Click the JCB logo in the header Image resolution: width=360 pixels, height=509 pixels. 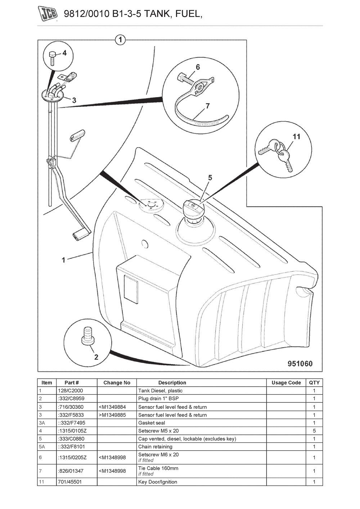(49, 14)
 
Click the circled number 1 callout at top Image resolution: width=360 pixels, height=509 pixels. (120, 40)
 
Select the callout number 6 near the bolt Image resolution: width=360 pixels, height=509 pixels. (198, 67)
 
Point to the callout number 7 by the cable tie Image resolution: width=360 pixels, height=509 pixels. (208, 106)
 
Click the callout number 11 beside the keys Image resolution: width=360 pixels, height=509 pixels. (296, 136)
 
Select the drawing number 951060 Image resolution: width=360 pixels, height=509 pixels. (300, 363)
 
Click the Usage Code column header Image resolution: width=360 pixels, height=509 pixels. (286, 383)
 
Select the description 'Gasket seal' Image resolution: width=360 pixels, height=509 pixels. (152, 423)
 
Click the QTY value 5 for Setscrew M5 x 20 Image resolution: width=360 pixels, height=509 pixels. (314, 431)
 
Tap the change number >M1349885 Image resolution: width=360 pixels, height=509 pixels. (112, 415)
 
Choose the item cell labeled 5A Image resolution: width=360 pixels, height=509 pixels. (42, 447)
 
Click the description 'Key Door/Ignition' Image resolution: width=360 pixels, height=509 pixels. (158, 482)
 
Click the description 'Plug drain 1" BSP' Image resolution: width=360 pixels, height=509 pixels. (158, 398)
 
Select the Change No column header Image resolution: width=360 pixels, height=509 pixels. (117, 383)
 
